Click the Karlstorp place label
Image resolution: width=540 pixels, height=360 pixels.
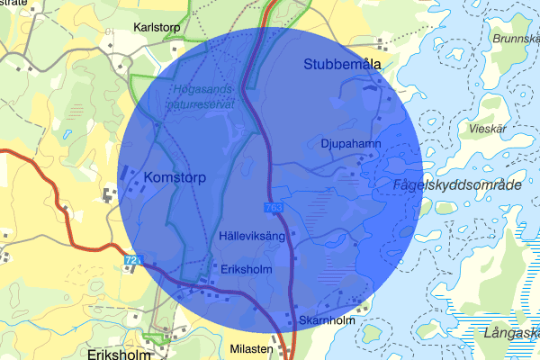[x=157, y=27]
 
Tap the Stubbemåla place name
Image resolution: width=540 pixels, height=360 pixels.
[x=343, y=64]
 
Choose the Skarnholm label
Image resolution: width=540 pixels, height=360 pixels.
[x=328, y=320]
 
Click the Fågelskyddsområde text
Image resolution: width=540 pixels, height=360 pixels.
[x=458, y=184]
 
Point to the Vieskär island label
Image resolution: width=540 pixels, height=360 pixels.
[x=490, y=129]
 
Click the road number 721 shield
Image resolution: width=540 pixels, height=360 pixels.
[x=132, y=261]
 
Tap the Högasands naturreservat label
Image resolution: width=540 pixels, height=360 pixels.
[x=201, y=96]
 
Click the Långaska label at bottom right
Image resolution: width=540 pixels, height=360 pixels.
[x=512, y=334]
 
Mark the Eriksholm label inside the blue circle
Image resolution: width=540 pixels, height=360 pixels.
[x=246, y=268]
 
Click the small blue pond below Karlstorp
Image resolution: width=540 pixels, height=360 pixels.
[x=67, y=137]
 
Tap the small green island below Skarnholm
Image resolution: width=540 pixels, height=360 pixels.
[x=369, y=335]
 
